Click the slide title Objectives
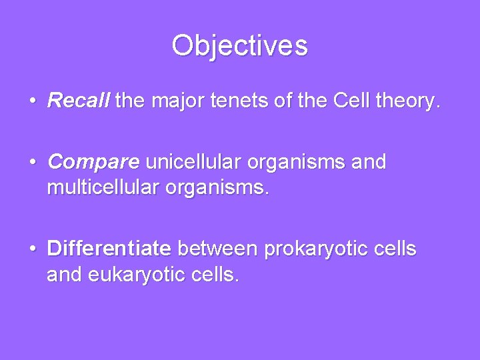pyautogui.click(x=239, y=45)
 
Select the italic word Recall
pyautogui.click(x=80, y=101)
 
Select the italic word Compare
pyautogui.click(x=93, y=163)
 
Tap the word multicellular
pyautogui.click(x=106, y=188)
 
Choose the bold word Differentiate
pyautogui.click(x=109, y=249)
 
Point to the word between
pyautogui.click(x=219, y=249)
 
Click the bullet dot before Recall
pyautogui.click(x=33, y=102)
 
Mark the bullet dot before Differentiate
pyautogui.click(x=33, y=250)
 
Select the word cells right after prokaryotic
pyautogui.click(x=395, y=249)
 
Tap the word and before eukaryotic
pyautogui.click(x=66, y=275)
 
